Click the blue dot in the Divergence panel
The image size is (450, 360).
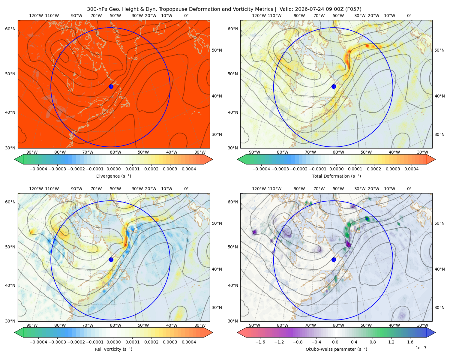(x=111, y=86)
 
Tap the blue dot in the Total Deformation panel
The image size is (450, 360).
(x=334, y=86)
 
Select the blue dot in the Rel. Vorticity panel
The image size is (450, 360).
(x=111, y=259)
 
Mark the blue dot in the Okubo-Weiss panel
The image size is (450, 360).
(x=334, y=259)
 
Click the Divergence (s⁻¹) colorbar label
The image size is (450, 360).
(x=113, y=176)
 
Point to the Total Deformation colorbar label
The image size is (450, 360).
(x=336, y=176)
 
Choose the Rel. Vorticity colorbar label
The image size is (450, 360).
(x=113, y=349)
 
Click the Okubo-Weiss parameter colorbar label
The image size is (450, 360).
(x=336, y=349)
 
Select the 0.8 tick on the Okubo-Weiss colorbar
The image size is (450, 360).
(x=373, y=342)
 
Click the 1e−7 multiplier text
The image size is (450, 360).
(x=421, y=348)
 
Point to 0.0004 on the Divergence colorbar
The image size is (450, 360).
(x=189, y=169)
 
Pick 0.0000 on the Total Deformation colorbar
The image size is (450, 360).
(x=336, y=169)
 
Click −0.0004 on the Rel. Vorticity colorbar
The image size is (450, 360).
(x=38, y=342)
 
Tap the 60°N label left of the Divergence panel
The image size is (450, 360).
(x=10, y=29)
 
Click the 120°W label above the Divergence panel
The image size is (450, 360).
(x=36, y=16)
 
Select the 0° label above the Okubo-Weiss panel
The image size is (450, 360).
(x=409, y=188)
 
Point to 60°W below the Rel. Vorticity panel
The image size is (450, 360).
(x=115, y=325)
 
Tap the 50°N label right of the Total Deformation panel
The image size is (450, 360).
(x=439, y=50)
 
